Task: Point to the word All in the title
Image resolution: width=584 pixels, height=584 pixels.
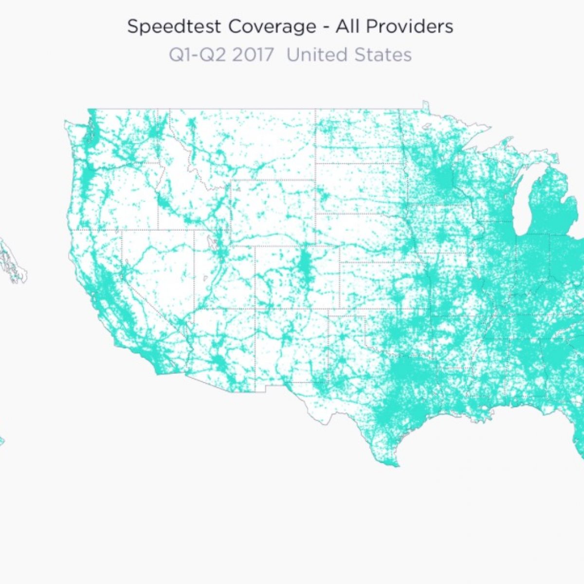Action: click(x=348, y=27)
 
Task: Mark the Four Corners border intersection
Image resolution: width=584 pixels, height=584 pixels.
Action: click(x=256, y=309)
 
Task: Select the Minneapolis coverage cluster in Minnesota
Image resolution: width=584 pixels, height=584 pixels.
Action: click(x=442, y=178)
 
